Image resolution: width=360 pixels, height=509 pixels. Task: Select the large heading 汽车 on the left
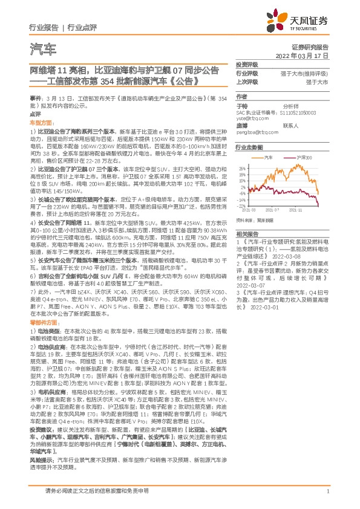43,48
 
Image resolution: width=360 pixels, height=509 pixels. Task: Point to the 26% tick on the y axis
241,167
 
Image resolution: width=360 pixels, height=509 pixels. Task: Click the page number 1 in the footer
327,491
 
